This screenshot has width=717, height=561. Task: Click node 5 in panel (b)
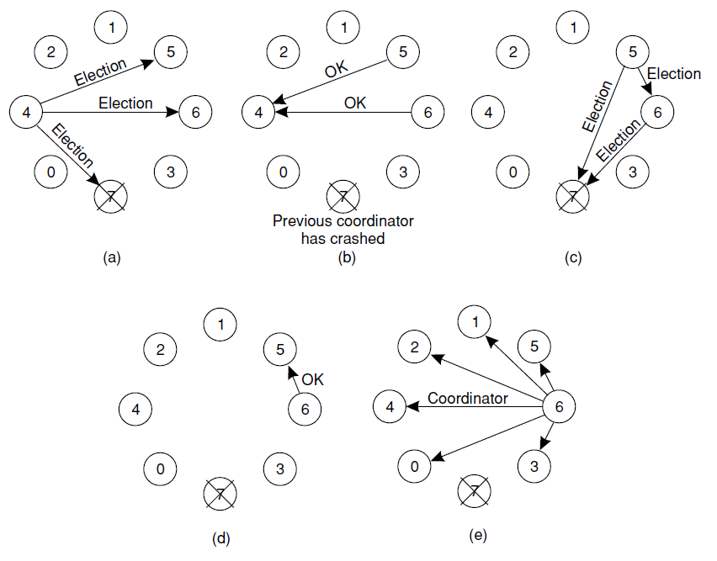[x=403, y=53]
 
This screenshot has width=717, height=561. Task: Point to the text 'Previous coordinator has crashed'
[x=343, y=230]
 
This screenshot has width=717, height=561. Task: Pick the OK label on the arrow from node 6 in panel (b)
[x=355, y=103]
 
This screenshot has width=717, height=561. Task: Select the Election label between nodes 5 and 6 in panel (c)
[x=674, y=74]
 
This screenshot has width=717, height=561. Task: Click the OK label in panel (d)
[x=312, y=380]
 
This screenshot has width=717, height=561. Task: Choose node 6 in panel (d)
[x=304, y=409]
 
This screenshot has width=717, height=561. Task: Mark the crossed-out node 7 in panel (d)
[x=220, y=494]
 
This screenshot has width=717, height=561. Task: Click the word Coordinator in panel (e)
[x=468, y=398]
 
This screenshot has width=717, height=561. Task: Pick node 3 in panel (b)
[x=403, y=172]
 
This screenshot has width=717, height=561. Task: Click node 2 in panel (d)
[x=160, y=349]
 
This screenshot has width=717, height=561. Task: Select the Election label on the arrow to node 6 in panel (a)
[x=125, y=103]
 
